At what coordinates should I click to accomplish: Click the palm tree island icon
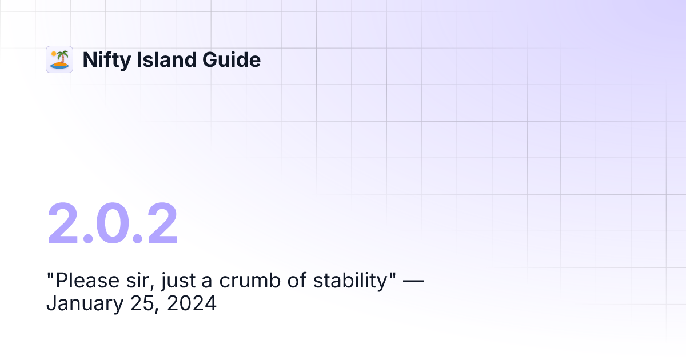point(59,59)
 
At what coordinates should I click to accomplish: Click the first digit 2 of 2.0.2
point(66,225)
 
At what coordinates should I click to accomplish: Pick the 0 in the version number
point(113,225)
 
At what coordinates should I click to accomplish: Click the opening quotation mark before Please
point(50,276)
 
